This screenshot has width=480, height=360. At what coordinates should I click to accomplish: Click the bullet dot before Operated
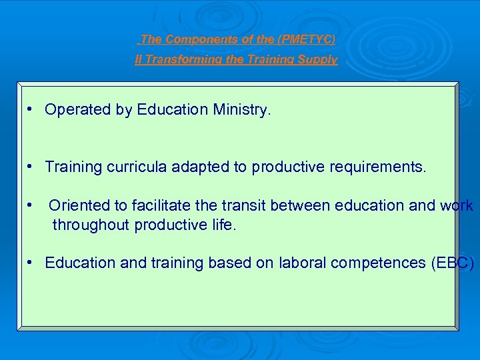pyautogui.click(x=31, y=109)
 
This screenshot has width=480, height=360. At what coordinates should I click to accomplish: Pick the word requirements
pyautogui.click(x=377, y=167)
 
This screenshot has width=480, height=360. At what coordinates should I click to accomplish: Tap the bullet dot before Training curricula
pyautogui.click(x=31, y=166)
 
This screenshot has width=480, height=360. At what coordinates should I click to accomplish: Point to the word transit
pyautogui.click(x=244, y=206)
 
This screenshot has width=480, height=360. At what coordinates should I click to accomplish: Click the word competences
pyautogui.click(x=376, y=263)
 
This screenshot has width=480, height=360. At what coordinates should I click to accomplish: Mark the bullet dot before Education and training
pyautogui.click(x=31, y=262)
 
